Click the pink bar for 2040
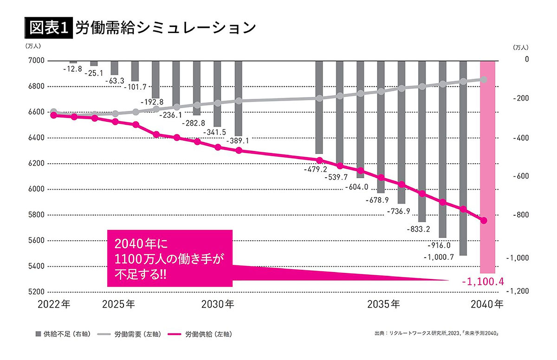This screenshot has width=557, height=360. (487, 167)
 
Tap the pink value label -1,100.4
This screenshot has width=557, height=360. (482, 281)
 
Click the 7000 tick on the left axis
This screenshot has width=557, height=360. (37, 61)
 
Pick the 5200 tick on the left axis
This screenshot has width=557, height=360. (37, 292)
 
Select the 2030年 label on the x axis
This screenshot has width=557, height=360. (218, 305)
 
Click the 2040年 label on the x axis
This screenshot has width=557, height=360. (486, 305)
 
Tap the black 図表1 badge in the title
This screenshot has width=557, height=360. (48, 27)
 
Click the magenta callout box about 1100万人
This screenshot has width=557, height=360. (169, 257)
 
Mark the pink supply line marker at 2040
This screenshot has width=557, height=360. (483, 220)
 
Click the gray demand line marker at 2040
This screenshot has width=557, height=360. (483, 79)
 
